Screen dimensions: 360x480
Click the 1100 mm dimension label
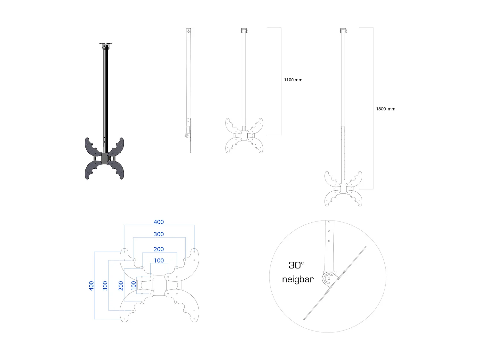point(293,80)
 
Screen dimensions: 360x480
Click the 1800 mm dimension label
point(386,109)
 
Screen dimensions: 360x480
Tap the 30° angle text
point(297,265)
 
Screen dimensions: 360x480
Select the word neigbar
point(298,279)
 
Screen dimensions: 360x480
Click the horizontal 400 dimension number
point(159,222)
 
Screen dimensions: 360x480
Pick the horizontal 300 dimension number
point(159,234)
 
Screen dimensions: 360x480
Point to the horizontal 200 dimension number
point(159,249)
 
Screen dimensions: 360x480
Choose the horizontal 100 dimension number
point(159,261)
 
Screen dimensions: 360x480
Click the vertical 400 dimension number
point(92,286)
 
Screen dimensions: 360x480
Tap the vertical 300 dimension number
point(105,286)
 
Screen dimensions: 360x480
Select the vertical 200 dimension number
point(121,286)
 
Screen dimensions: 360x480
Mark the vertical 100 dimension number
point(134,285)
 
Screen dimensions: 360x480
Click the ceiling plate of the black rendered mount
point(106,44)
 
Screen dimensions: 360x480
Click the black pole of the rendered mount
point(105,96)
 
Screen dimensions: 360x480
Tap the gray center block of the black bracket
point(105,158)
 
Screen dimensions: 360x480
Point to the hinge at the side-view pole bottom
point(187,136)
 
